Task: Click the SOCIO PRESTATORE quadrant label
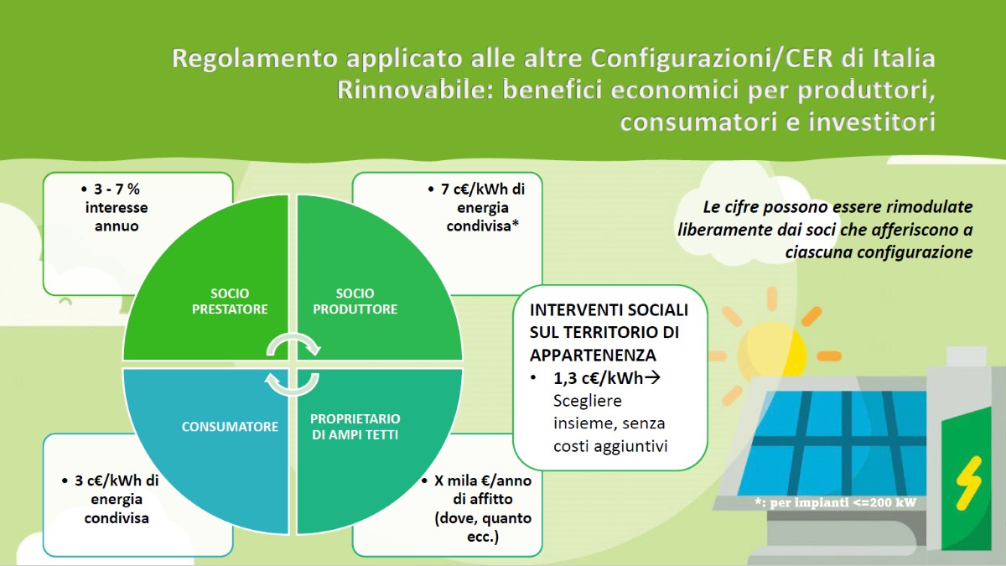pyautogui.click(x=230, y=301)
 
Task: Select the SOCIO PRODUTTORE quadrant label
pyautogui.click(x=355, y=301)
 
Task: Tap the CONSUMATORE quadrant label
pyautogui.click(x=230, y=426)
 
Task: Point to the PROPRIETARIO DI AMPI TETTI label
pyautogui.click(x=355, y=426)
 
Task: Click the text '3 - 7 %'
pyautogui.click(x=117, y=190)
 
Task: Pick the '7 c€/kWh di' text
pyautogui.click(x=483, y=190)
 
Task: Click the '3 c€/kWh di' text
pyautogui.click(x=117, y=480)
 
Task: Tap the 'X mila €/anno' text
pyautogui.click(x=483, y=480)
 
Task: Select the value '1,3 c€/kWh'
pyautogui.click(x=599, y=378)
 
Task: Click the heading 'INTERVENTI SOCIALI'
pyautogui.click(x=609, y=310)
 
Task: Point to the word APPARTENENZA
pyautogui.click(x=593, y=355)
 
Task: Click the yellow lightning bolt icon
pyautogui.click(x=968, y=483)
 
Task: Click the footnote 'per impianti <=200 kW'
pyautogui.click(x=843, y=502)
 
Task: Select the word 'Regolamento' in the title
pyautogui.click(x=254, y=59)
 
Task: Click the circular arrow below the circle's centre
pyautogui.click(x=293, y=385)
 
